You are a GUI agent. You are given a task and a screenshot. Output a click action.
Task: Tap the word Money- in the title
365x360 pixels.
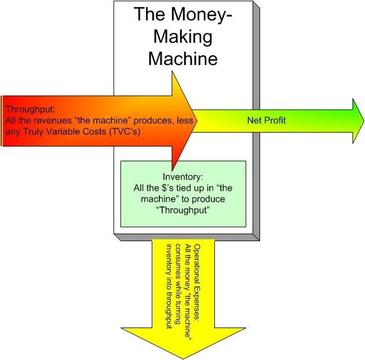coord(202,14)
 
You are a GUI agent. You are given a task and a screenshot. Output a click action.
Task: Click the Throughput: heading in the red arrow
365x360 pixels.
coord(27,110)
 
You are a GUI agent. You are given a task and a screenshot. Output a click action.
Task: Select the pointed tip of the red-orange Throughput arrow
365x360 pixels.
coord(199,121)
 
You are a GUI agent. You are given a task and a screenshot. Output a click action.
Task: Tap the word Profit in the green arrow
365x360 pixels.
coord(276,121)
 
